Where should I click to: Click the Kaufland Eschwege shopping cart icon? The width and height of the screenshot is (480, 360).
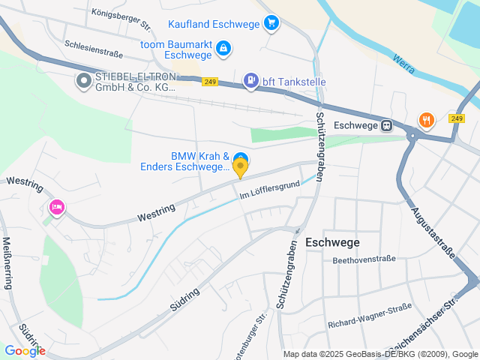click(x=271, y=24)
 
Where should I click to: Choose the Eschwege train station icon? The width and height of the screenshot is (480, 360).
click(x=386, y=125)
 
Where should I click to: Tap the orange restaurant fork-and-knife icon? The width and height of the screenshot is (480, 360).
click(x=427, y=118)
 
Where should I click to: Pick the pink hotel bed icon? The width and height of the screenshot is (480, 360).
click(x=55, y=206)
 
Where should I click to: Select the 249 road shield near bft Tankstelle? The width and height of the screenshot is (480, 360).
click(x=210, y=82)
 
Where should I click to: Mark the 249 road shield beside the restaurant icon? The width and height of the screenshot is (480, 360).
click(x=457, y=118)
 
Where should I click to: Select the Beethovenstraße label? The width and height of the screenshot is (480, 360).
click(x=364, y=259)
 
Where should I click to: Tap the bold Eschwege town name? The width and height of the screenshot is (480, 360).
click(x=332, y=242)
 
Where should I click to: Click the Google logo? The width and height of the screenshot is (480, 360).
click(x=25, y=350)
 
